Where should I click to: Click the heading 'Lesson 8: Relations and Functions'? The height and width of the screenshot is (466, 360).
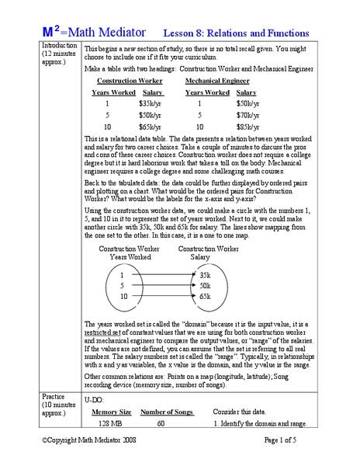point(235,34)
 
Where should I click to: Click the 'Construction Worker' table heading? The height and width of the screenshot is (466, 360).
point(128,81)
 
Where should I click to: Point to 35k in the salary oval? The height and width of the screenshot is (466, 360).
point(205,276)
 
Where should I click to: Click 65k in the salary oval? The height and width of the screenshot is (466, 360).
point(205,297)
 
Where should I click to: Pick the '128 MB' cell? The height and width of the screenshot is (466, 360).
point(111,423)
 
